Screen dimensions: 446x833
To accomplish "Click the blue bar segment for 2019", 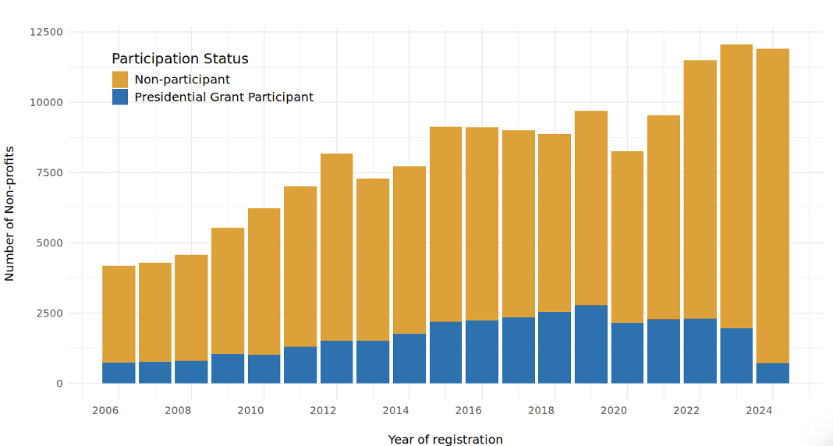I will tap(591, 344).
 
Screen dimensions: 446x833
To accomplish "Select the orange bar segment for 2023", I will tap(736, 186).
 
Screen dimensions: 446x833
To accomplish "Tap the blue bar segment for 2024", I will tap(772, 373).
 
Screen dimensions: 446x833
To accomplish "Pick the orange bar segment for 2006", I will tap(119, 314).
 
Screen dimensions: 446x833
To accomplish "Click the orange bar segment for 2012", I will tap(337, 247).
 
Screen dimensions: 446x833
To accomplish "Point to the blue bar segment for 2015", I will tap(445, 352).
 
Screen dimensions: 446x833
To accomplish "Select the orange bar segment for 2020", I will tap(627, 237).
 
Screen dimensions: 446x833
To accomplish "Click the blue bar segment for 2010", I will tap(264, 369).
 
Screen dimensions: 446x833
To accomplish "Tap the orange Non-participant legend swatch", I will tap(120, 80).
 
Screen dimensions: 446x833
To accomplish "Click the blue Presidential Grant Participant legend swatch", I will tap(120, 97).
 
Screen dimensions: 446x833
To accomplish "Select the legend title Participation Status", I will tap(180, 59).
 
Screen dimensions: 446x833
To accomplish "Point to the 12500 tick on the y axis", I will tap(46, 32).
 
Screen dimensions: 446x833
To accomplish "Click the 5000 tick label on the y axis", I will tap(49, 243).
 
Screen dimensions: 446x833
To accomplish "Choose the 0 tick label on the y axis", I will tap(59, 384).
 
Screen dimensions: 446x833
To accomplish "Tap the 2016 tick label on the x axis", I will tap(468, 410).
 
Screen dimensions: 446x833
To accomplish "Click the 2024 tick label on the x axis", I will tap(758, 410).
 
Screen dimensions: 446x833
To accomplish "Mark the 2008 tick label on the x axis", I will tap(178, 410).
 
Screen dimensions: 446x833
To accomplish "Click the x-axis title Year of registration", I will tap(445, 440).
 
